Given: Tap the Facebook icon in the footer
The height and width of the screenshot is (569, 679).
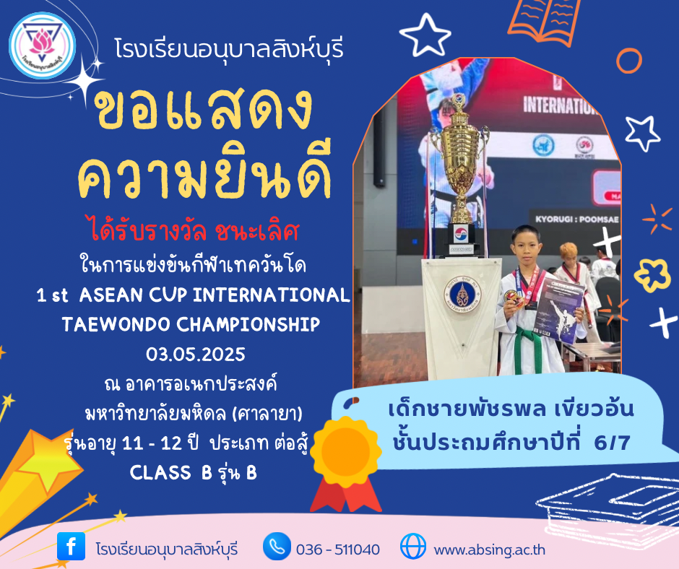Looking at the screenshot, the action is click(71, 546).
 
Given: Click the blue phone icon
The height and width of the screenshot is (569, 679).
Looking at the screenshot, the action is click(277, 546).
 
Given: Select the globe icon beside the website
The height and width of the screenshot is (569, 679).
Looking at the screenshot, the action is click(412, 546).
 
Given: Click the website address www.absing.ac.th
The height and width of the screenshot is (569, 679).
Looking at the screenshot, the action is click(489, 550).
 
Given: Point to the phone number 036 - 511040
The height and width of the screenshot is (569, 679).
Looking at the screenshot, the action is click(338, 550).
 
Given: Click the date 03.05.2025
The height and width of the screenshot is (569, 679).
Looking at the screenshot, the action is click(195, 355).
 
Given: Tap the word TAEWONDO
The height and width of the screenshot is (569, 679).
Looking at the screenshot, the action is click(116, 324).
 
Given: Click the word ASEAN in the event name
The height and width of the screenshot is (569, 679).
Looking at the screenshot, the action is click(111, 295).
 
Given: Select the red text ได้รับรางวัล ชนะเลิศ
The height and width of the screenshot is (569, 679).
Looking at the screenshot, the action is click(195, 230).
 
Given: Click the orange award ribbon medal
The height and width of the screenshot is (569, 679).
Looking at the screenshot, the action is click(345, 464).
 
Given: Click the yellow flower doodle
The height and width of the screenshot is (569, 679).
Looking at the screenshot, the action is click(652, 275).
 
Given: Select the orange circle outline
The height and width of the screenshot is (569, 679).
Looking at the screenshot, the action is click(629, 61).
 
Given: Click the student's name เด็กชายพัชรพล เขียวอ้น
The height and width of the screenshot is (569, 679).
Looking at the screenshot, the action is click(511, 409).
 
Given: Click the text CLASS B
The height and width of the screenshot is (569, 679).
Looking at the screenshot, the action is click(170, 472).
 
